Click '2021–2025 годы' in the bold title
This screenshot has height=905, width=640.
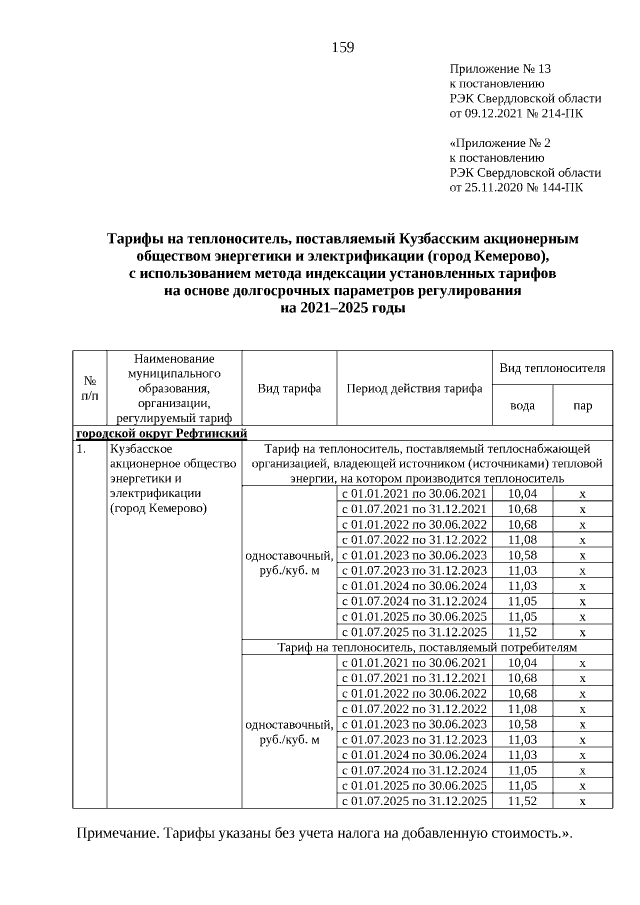tap(343, 308)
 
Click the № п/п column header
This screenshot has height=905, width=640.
tap(89, 388)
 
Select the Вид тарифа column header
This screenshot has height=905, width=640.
tap(289, 388)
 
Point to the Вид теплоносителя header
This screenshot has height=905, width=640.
tap(552, 369)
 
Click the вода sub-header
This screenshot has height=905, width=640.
tap(522, 406)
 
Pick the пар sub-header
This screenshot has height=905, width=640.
tap(582, 406)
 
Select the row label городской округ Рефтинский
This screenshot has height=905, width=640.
tap(161, 433)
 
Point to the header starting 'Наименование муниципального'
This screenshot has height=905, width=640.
tap(174, 388)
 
